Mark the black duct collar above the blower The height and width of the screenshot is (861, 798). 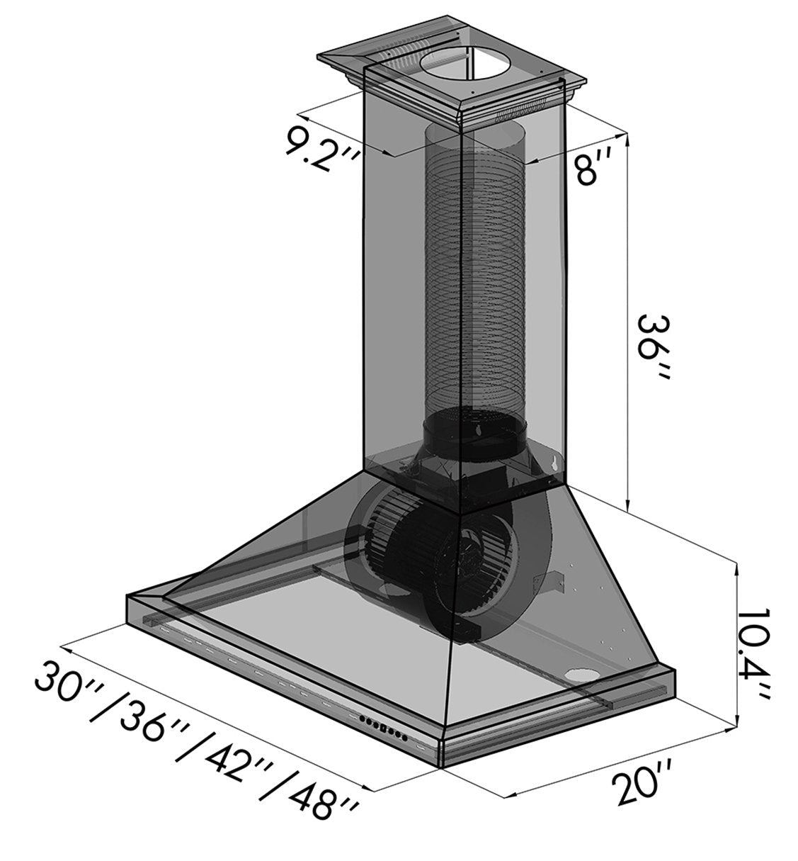(x=474, y=429)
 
